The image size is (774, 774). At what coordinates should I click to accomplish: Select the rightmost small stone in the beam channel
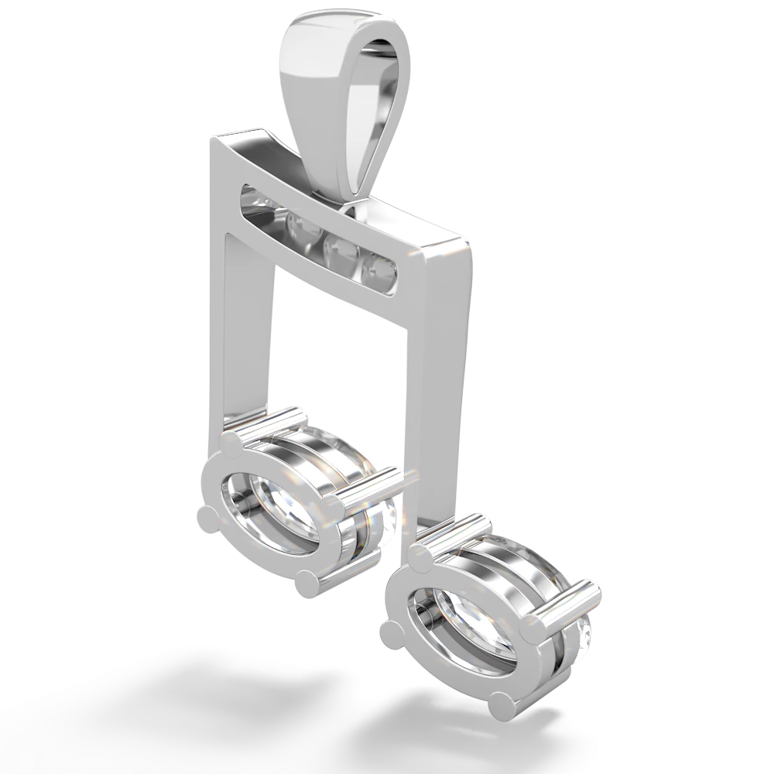point(381,269)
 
